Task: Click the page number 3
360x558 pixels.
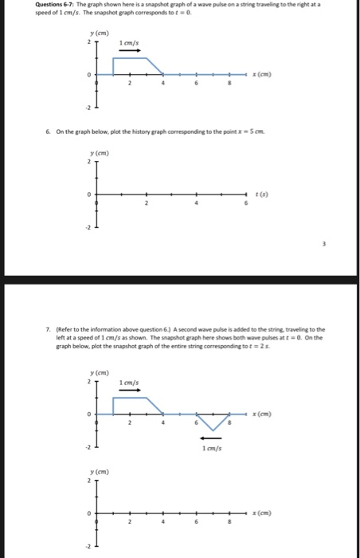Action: click(x=323, y=245)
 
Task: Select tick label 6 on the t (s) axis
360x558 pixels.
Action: click(x=246, y=203)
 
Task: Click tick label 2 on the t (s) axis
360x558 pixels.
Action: click(x=145, y=203)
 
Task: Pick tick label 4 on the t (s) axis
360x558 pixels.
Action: click(x=195, y=203)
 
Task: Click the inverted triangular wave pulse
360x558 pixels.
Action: click(x=212, y=421)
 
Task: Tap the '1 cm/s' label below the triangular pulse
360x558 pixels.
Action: click(x=211, y=447)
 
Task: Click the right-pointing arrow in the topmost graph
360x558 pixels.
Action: click(x=129, y=49)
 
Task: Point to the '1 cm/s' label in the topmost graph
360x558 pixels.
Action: click(x=129, y=41)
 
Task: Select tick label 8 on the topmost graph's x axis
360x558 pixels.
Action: click(x=231, y=83)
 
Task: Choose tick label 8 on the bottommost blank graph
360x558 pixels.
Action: click(x=231, y=522)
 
